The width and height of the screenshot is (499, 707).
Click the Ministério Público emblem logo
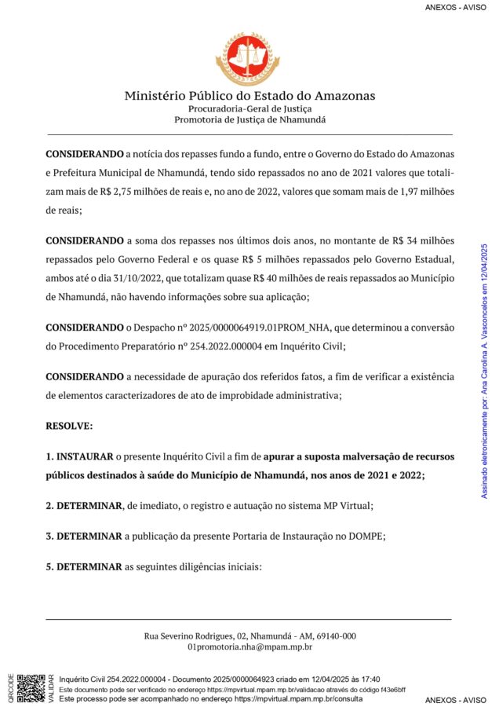coord(249,59)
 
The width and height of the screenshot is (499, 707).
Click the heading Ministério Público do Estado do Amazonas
coord(249,96)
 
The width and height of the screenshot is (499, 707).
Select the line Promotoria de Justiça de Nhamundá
coord(249,120)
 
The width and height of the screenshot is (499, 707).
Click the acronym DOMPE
coord(366,536)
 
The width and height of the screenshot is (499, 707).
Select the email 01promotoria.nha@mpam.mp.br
coord(249,647)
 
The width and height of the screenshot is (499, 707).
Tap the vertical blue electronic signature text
coord(484,369)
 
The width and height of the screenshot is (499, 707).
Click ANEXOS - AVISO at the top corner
coord(455,7)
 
